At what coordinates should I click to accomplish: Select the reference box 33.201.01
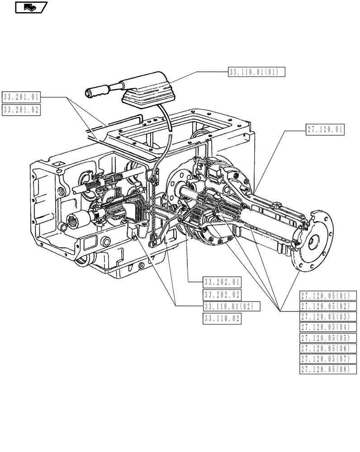(21, 97)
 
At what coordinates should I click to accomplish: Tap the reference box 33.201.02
(21, 109)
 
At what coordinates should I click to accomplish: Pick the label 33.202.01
(222, 282)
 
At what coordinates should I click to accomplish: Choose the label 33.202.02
(222, 295)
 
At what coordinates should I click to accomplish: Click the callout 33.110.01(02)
(232, 307)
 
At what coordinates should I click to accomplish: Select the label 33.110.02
(222, 319)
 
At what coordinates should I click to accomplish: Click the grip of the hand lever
(98, 92)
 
